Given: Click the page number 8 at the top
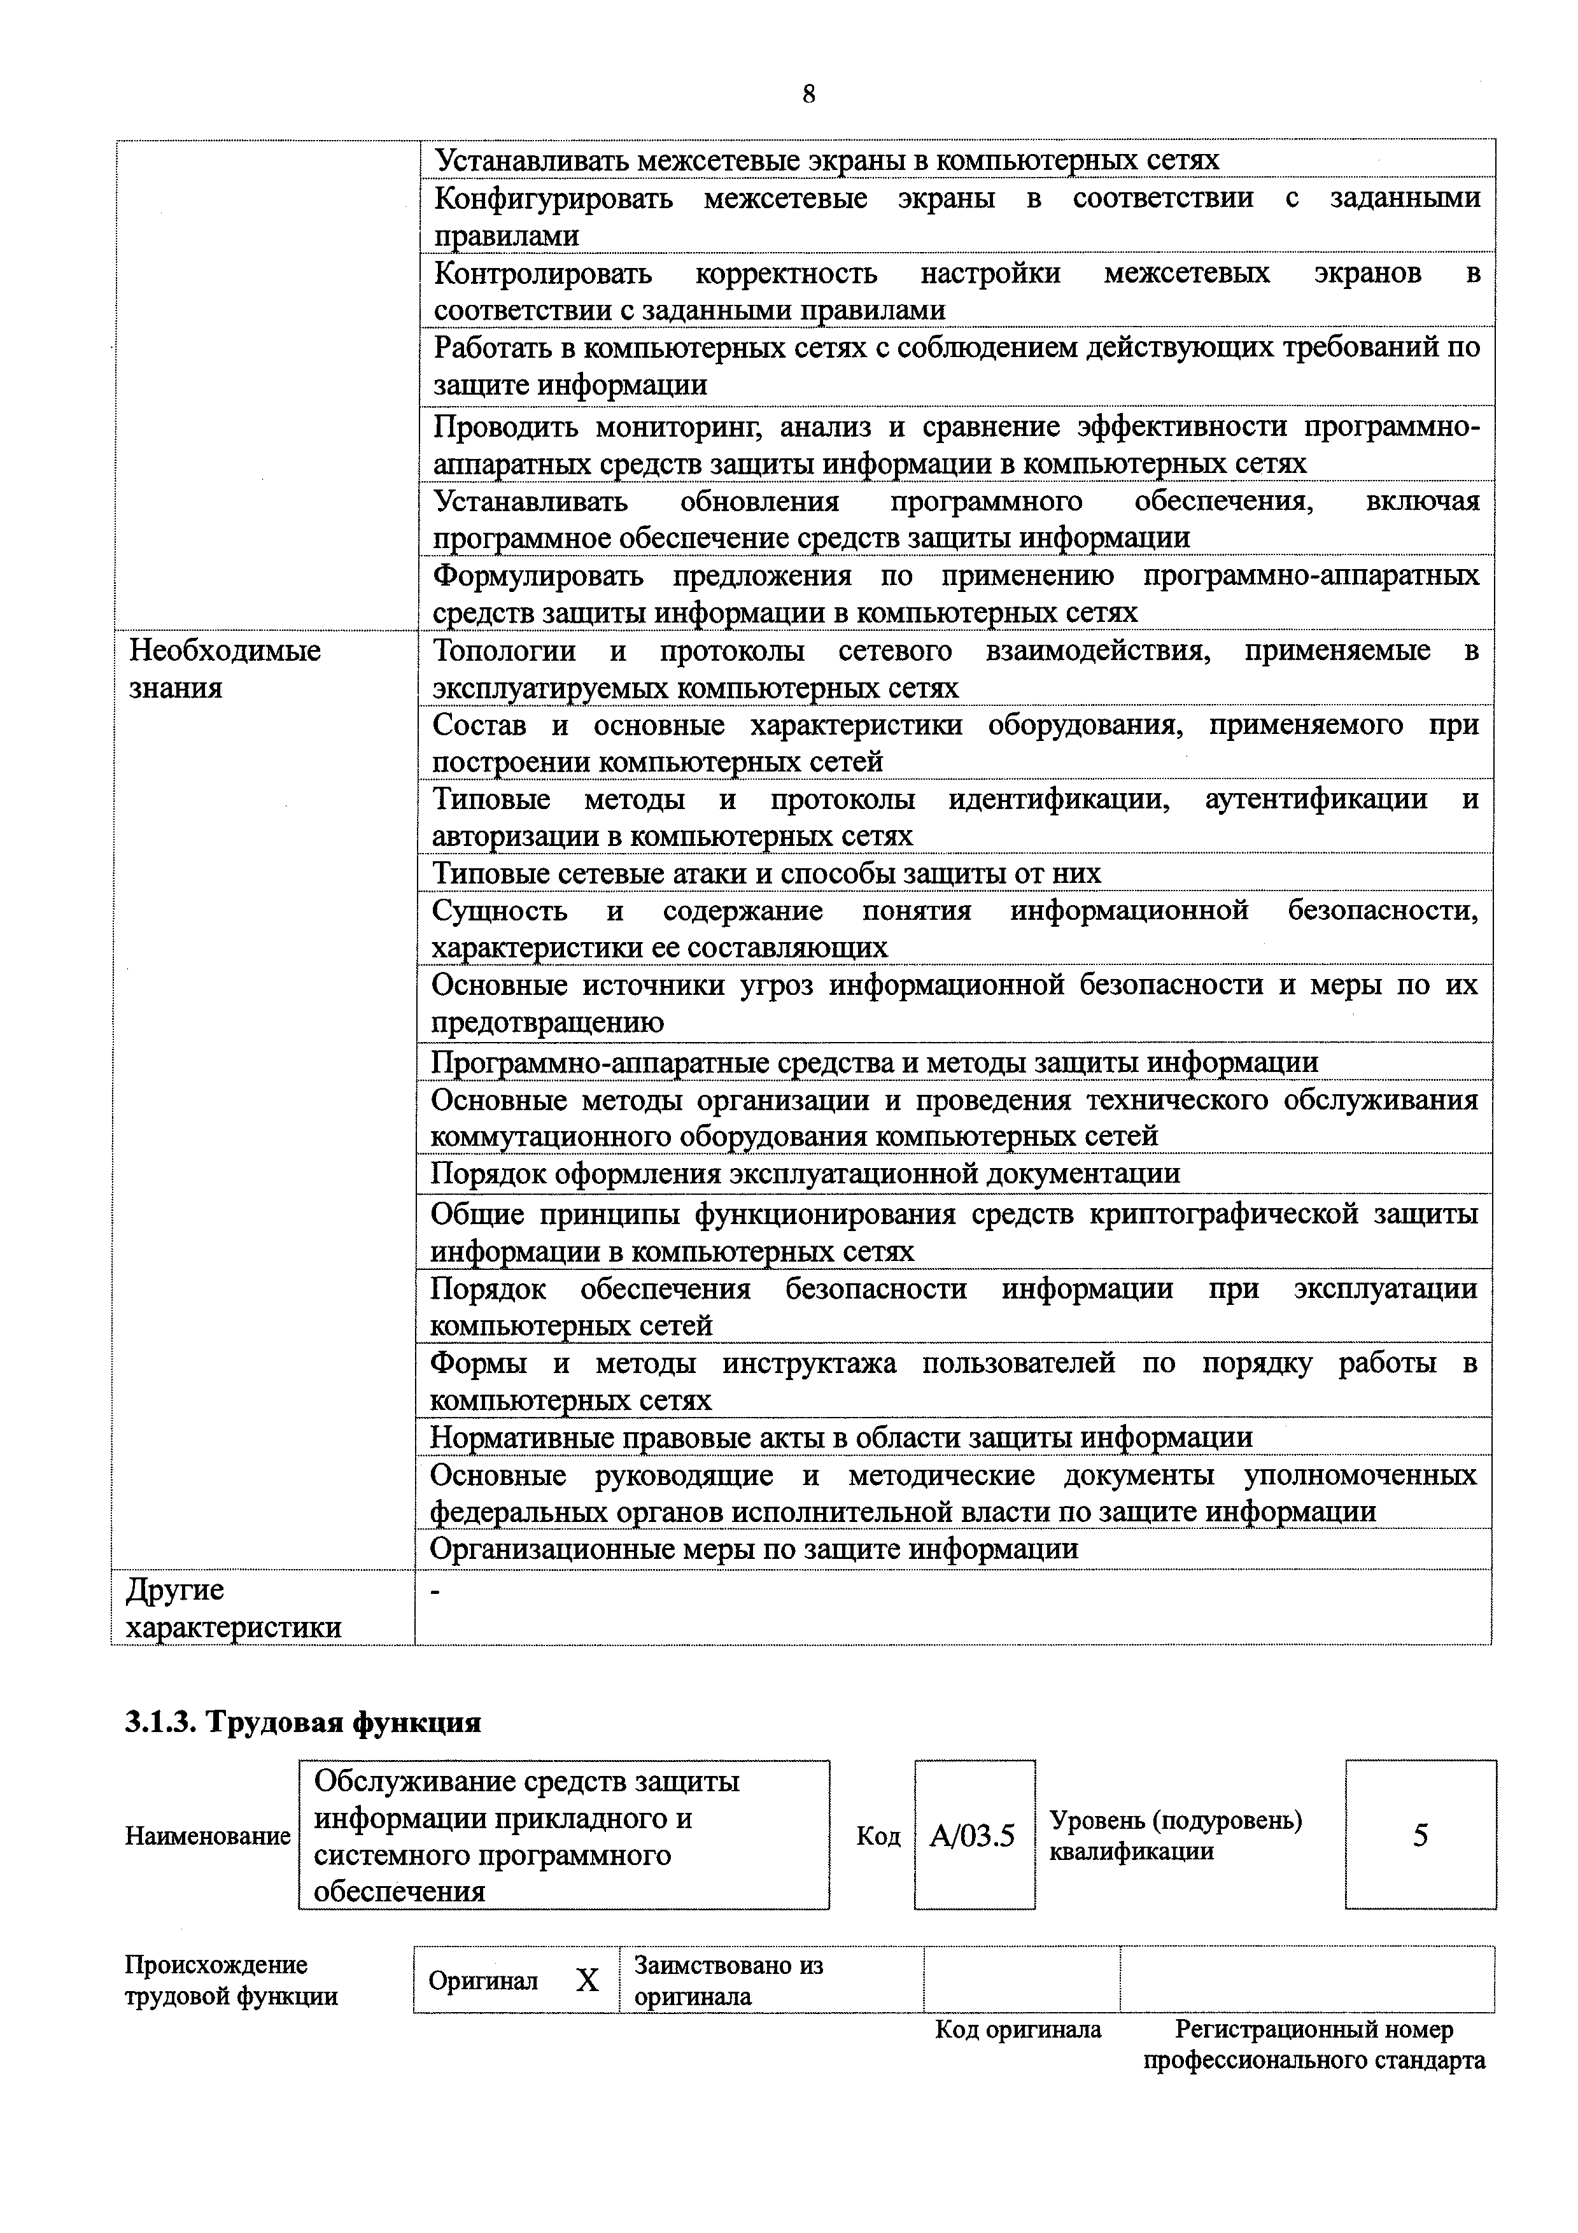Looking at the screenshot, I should coord(809,94).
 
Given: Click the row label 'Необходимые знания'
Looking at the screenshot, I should coord(225,668).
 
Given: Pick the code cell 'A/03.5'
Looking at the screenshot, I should coord(973,1836).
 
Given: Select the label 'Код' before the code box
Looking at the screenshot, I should coord(878,1836).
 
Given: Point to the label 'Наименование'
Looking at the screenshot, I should coord(207,1836).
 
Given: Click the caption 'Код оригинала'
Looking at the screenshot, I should coord(1018,2030).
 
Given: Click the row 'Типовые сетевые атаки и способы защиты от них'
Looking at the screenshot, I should coord(766,873).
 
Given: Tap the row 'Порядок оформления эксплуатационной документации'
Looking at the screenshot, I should coord(805,1174).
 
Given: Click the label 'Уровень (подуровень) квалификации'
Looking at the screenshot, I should coord(1176,1836).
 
